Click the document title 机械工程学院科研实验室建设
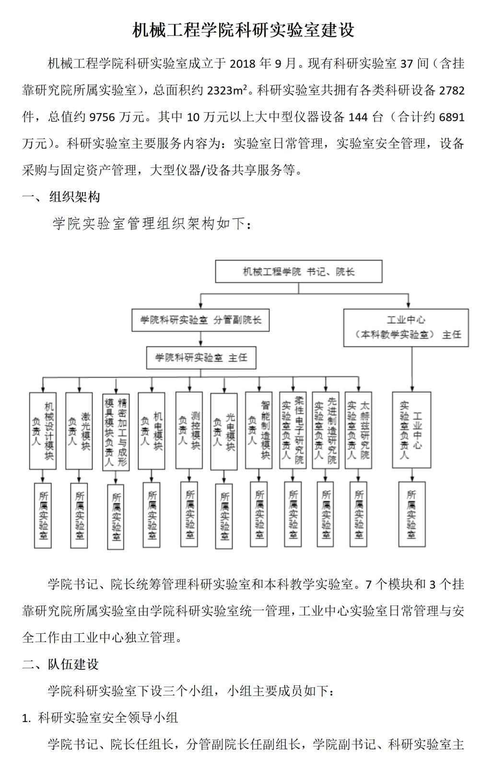pos(243,30)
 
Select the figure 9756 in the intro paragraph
pos(102,117)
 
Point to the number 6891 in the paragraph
pos(452,117)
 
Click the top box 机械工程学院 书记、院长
pos(299,272)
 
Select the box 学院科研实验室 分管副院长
pos(200,320)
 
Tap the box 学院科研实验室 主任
pos(201,358)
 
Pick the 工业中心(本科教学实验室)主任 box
pos(406,328)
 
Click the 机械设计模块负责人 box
pos(43,431)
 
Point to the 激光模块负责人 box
pos(79,431)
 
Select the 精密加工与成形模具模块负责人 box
pos(116,432)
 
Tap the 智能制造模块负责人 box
pos(259,430)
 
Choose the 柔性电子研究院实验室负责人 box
pos(292,430)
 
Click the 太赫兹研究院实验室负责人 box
pos(358,430)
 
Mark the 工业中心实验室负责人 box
pos(412,430)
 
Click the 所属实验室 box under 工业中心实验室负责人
pos(412,514)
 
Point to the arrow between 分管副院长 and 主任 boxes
pos(201,339)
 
